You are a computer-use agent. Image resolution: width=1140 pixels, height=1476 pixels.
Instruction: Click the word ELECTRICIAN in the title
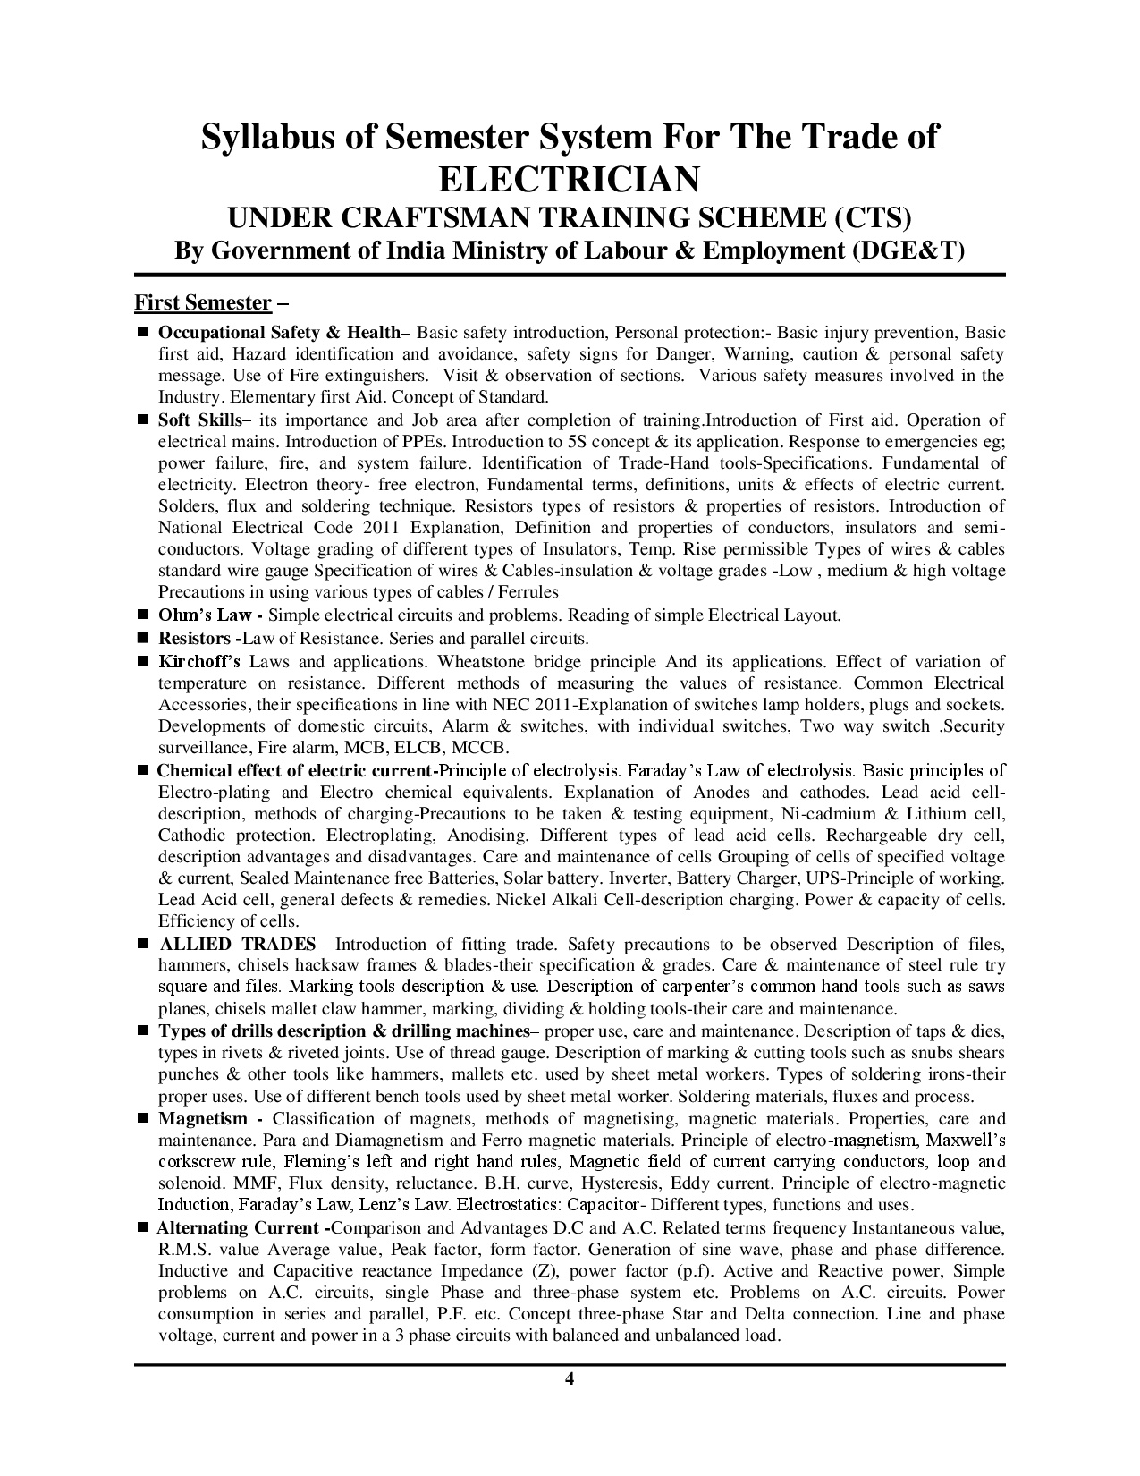coord(570,179)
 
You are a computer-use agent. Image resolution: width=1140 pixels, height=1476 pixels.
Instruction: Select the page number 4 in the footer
coord(570,1378)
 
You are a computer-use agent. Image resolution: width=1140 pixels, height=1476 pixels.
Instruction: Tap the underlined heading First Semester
coord(202,302)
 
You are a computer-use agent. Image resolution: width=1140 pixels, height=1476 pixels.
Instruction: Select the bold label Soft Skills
coord(199,420)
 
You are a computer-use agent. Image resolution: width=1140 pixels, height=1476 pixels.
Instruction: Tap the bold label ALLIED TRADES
coord(237,944)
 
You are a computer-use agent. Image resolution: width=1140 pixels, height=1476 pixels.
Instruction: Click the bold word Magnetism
coord(203,1119)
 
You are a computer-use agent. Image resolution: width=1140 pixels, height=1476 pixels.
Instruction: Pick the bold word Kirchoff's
coord(199,662)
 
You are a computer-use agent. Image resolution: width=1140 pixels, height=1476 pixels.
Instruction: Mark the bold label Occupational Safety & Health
coord(279,333)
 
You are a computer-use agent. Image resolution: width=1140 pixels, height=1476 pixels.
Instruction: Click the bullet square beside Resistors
coord(142,639)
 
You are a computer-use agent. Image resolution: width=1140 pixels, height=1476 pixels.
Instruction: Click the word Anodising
coord(501,836)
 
